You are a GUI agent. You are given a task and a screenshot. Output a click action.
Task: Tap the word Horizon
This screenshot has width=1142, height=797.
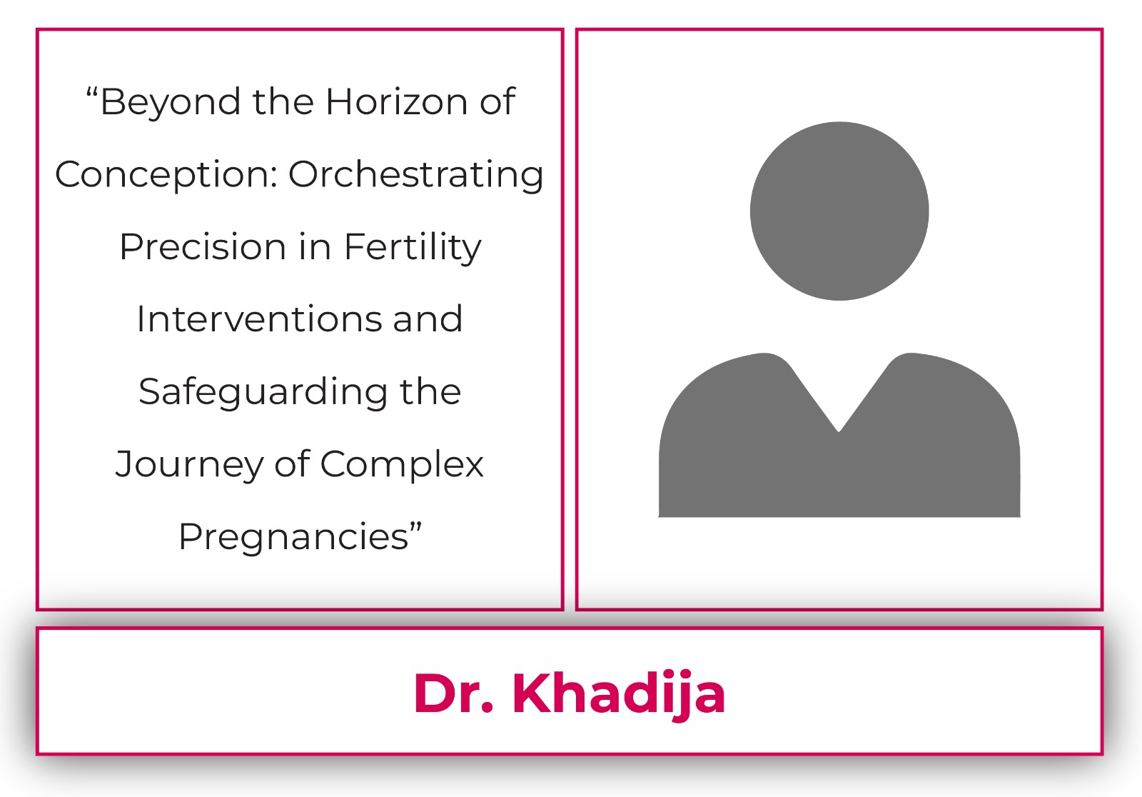tap(397, 101)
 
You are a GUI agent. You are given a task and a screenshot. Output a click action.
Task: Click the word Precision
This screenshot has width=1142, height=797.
tap(203, 247)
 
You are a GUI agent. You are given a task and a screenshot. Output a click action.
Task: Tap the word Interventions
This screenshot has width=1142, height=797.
tap(260, 319)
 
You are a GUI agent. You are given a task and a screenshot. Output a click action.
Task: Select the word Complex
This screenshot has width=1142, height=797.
tap(402, 464)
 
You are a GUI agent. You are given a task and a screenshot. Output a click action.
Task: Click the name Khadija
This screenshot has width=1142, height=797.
tap(619, 695)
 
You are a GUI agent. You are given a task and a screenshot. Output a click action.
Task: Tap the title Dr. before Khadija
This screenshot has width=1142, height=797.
tap(453, 694)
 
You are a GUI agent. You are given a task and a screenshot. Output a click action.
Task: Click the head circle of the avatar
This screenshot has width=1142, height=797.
tap(839, 211)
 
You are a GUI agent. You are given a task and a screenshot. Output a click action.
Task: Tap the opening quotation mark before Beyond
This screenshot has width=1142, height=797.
tap(92, 92)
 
